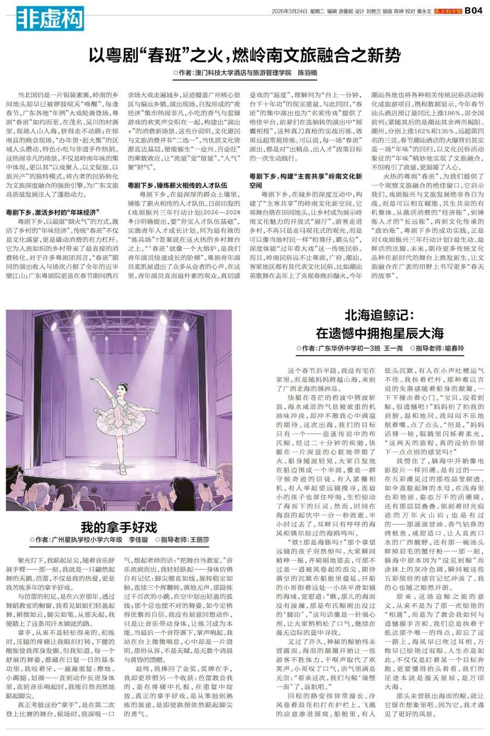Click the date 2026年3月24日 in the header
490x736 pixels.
point(289,11)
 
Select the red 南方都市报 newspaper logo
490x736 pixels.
point(447,11)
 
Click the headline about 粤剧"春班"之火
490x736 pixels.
point(245,55)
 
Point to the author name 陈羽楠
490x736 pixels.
point(307,73)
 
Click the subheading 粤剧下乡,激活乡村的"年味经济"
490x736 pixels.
point(53,212)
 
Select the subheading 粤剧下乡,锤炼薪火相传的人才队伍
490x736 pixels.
point(177,185)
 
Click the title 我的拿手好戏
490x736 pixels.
point(119,527)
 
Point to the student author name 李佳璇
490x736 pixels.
point(138,540)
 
